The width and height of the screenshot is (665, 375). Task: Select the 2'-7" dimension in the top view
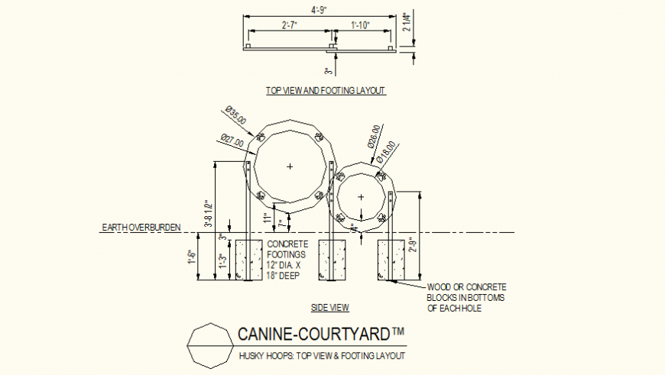pos(289,25)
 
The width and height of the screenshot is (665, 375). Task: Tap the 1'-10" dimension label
pos(360,25)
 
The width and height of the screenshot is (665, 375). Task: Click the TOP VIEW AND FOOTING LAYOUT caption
pos(326,91)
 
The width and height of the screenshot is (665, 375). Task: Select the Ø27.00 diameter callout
pos(232,141)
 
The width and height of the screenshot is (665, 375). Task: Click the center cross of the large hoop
pos(290,166)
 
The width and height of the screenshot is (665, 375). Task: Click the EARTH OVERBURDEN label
pos(139,228)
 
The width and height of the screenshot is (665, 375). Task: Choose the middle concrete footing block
pos(332,260)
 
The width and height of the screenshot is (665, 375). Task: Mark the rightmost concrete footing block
pos(391,260)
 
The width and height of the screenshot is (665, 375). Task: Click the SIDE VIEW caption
pos(330,308)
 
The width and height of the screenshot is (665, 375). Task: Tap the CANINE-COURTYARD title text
pos(321,335)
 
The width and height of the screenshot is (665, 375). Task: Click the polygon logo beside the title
pos(208,345)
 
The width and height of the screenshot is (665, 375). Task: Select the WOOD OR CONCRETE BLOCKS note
pos(466,298)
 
